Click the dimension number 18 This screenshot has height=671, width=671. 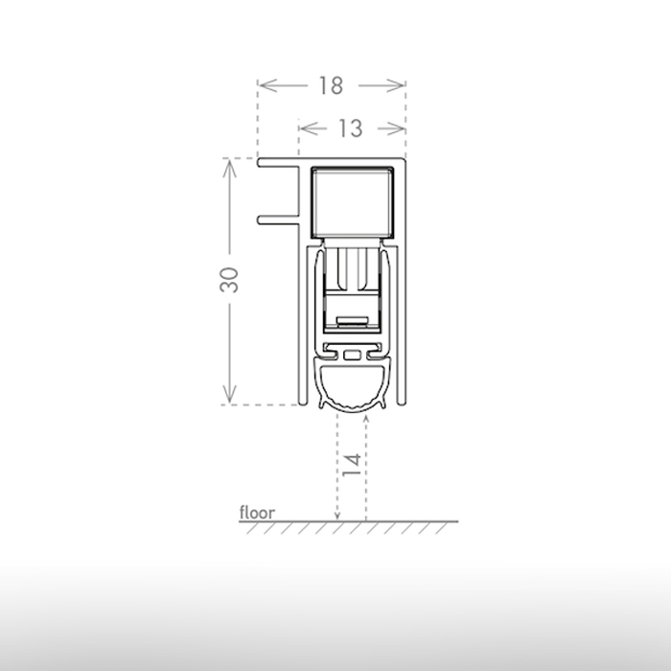pos(331,85)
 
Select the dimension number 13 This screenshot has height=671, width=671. pos(351,127)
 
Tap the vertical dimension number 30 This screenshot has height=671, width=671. pos(229,280)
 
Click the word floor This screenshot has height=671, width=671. pos(257,513)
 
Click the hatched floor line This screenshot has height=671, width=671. pos(383,523)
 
